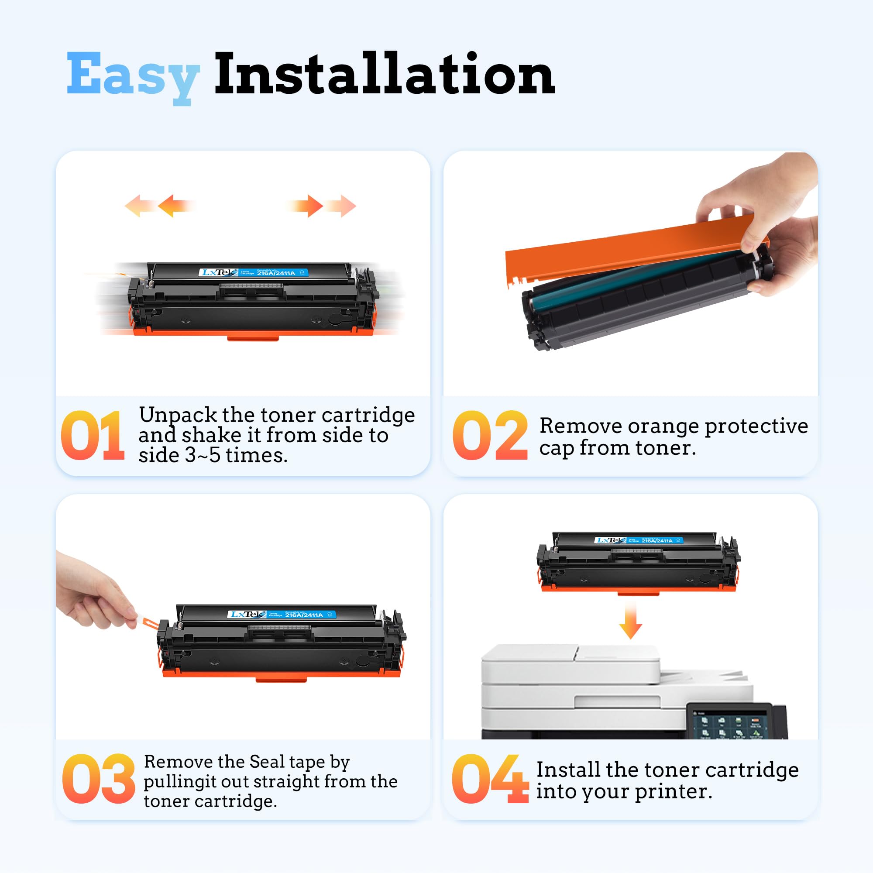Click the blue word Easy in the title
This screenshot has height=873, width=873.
click(x=133, y=75)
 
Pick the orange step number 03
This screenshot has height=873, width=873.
click(x=98, y=779)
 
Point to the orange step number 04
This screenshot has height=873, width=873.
click(x=490, y=779)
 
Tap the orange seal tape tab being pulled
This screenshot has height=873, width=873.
click(x=150, y=624)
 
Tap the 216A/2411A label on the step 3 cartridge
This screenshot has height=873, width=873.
click(x=304, y=615)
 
